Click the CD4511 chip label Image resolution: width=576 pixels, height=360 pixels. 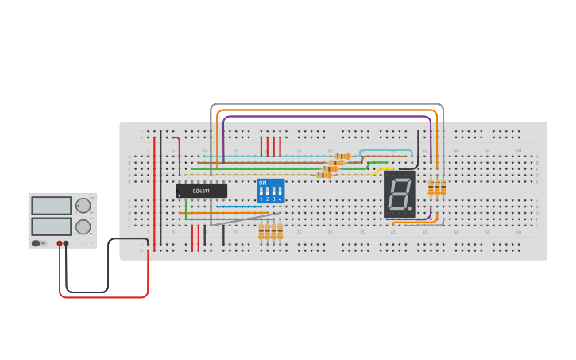202,191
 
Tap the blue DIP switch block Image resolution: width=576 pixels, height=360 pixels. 270,191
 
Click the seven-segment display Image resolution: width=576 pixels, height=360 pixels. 399,194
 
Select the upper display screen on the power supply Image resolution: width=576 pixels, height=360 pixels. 52,206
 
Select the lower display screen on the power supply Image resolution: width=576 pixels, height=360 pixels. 52,226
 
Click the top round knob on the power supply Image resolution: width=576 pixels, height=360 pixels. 83,206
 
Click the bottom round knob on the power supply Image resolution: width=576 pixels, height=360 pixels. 83,226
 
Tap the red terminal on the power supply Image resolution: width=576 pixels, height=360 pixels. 60,243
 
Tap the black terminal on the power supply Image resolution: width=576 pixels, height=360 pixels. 66,243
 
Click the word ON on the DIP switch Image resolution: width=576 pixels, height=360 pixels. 263,183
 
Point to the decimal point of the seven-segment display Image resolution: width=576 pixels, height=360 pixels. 410,209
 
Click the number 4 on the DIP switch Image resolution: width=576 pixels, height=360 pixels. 280,199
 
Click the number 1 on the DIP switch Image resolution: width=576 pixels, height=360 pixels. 261,199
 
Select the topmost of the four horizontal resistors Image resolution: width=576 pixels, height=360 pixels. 342,157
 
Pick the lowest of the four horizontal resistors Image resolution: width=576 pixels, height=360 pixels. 324,175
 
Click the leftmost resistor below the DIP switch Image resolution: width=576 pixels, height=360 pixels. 261,231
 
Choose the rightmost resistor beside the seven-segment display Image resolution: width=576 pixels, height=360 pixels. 443,188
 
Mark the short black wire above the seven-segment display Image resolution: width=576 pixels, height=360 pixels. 418,145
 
